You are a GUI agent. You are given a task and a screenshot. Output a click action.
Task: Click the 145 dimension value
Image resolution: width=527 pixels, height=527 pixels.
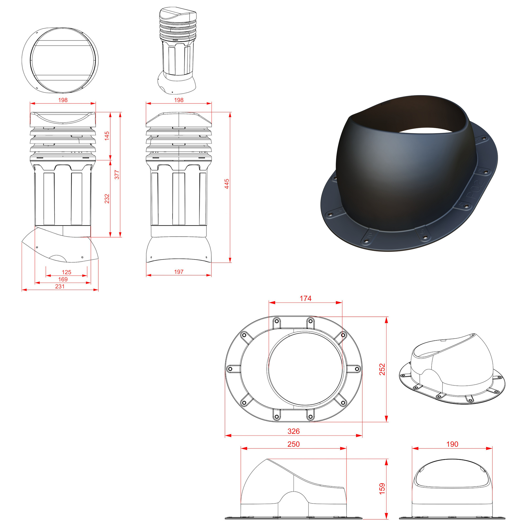tap(107, 136)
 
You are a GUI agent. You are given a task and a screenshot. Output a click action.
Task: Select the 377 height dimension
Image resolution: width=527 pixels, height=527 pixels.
tap(117, 175)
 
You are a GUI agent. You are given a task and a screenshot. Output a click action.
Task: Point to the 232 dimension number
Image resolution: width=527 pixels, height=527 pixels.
tap(107, 199)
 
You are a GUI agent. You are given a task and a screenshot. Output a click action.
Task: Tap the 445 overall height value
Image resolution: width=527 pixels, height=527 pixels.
tap(227, 184)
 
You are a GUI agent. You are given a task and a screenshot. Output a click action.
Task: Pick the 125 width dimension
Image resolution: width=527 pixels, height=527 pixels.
tap(67, 272)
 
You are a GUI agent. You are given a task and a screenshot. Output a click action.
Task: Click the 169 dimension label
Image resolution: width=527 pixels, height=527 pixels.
tap(63, 279)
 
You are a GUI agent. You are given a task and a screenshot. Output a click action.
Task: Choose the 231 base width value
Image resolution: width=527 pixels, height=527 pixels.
tap(60, 286)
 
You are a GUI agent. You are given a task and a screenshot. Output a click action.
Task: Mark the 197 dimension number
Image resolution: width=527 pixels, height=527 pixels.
tap(179, 272)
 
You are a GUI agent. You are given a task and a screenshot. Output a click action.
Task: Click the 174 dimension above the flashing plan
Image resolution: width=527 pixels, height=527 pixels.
tap(305, 299)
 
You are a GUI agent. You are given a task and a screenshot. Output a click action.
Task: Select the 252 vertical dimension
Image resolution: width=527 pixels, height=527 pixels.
tap(382, 369)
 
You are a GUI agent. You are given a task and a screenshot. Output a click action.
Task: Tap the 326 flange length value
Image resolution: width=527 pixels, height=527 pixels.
tap(294, 431)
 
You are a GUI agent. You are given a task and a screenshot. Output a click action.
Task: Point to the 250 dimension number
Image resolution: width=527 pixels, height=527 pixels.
tap(294, 444)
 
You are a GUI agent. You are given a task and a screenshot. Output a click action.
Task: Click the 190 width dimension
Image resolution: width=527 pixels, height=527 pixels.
tap(452, 444)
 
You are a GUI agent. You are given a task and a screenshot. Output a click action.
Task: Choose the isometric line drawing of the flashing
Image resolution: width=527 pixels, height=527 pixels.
tap(452, 369)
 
